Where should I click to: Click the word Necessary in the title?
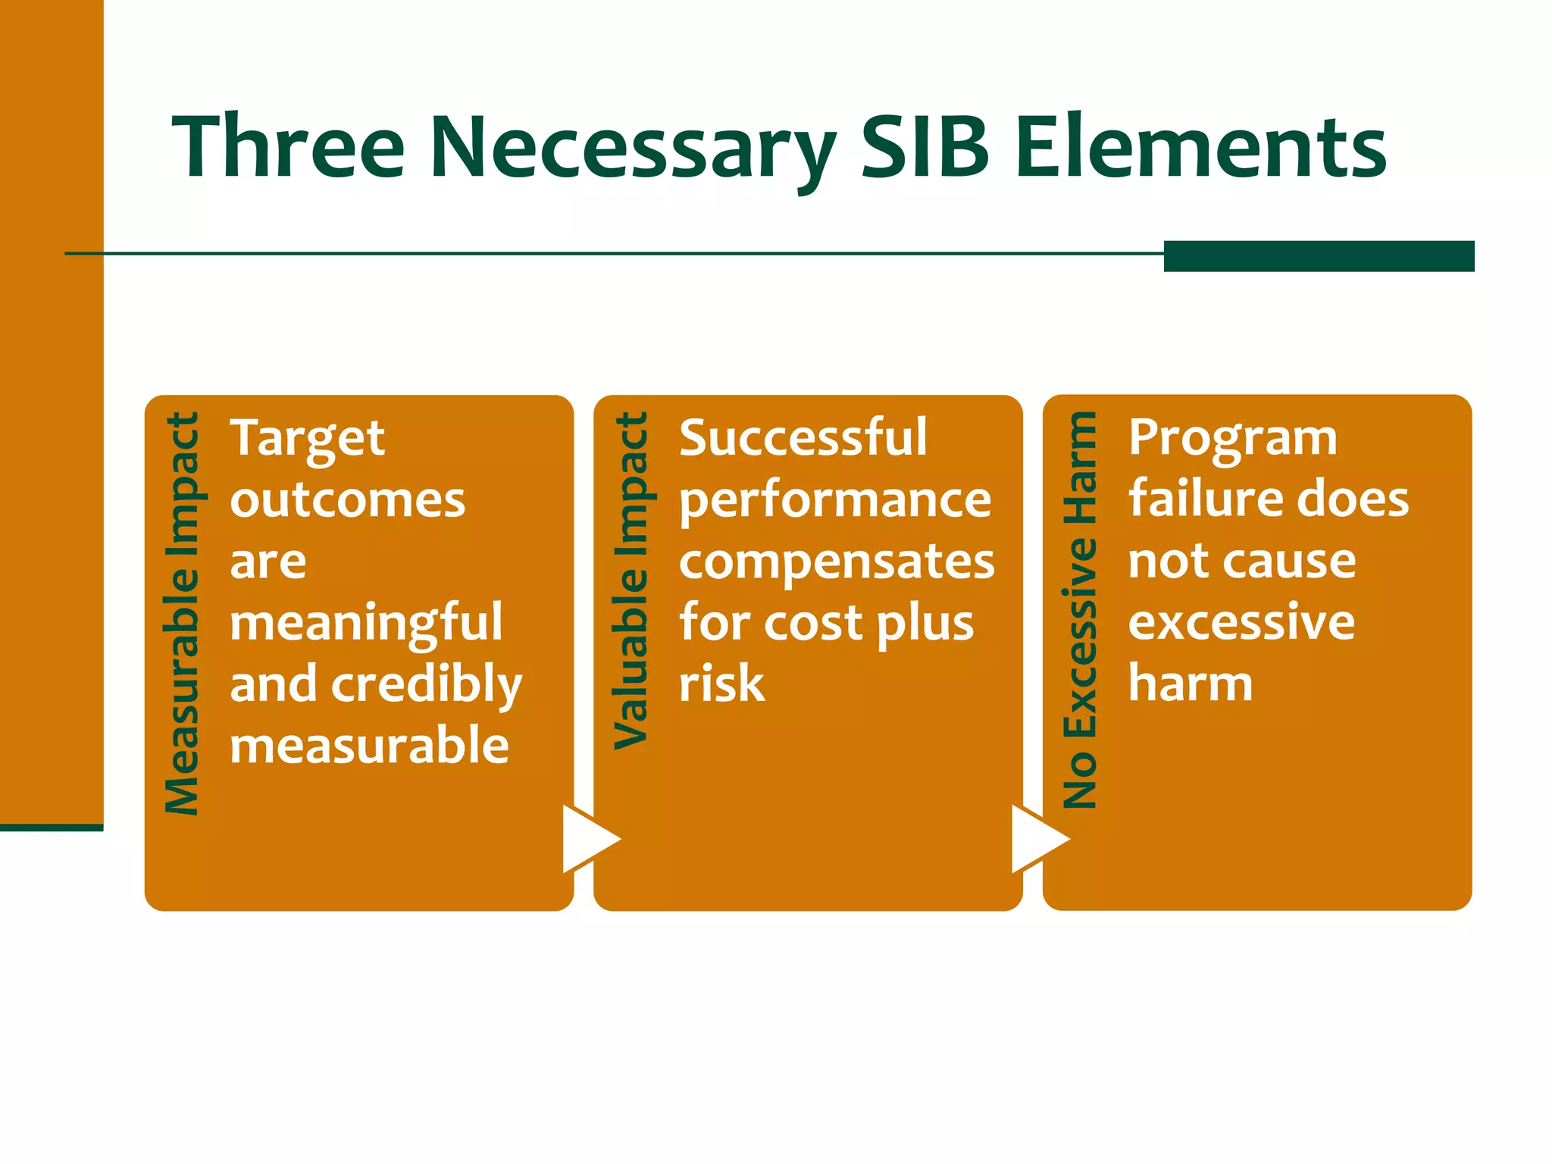(633, 148)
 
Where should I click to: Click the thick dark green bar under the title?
(1318, 256)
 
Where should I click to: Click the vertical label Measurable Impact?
(182, 614)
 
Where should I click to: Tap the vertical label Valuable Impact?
(630, 580)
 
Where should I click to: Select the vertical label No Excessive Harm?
(1080, 610)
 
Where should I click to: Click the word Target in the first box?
(308, 439)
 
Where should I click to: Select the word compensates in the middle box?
(837, 562)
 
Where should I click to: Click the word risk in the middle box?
(721, 684)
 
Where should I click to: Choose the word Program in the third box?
(1233, 440)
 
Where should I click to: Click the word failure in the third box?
(1192, 499)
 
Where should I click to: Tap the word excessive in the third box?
(1241, 623)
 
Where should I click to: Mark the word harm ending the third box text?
(1190, 684)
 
